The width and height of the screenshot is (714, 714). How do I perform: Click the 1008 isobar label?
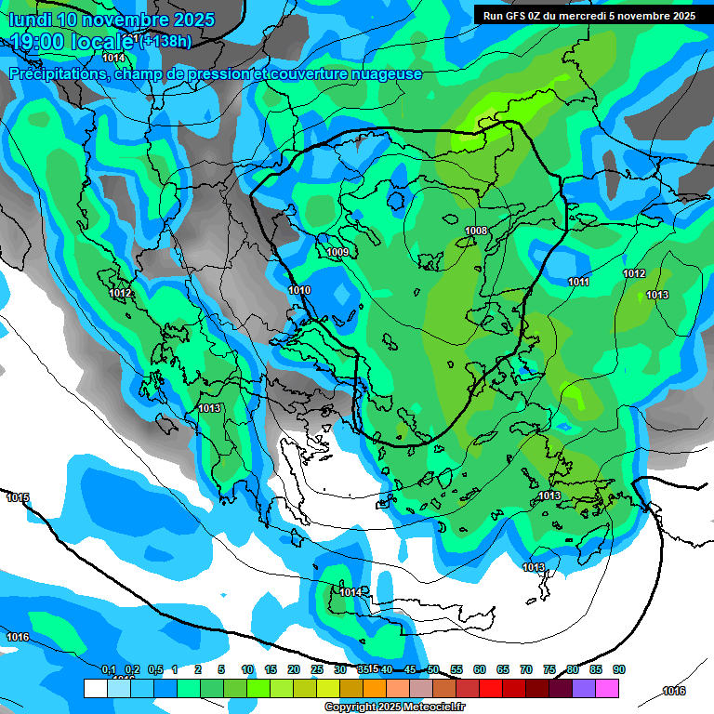tap(476, 231)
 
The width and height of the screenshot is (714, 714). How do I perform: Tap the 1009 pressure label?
tap(337, 252)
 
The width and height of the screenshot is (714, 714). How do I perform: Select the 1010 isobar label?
tap(299, 291)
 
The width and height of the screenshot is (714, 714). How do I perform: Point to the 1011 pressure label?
tap(578, 282)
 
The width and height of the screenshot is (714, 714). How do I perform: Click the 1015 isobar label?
tap(18, 498)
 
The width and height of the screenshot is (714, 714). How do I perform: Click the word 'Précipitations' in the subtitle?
tap(58, 73)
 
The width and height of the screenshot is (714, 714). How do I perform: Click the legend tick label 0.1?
tap(109, 670)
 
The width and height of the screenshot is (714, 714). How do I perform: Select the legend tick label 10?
tap(247, 670)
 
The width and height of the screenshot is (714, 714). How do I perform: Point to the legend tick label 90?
tap(619, 670)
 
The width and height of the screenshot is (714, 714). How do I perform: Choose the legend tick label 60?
tap(480, 670)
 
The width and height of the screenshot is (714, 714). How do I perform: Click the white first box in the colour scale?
tap(95, 688)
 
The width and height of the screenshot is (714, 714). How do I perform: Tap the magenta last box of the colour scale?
tap(607, 688)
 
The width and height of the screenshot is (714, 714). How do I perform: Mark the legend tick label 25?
tap(317, 670)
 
